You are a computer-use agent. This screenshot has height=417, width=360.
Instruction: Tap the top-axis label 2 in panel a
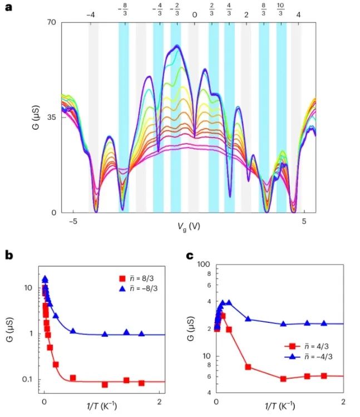246,14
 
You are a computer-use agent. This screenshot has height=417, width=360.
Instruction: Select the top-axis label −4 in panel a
91,14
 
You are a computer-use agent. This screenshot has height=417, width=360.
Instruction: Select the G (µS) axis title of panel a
34,118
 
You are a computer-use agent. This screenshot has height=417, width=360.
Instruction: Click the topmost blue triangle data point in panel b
45,279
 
